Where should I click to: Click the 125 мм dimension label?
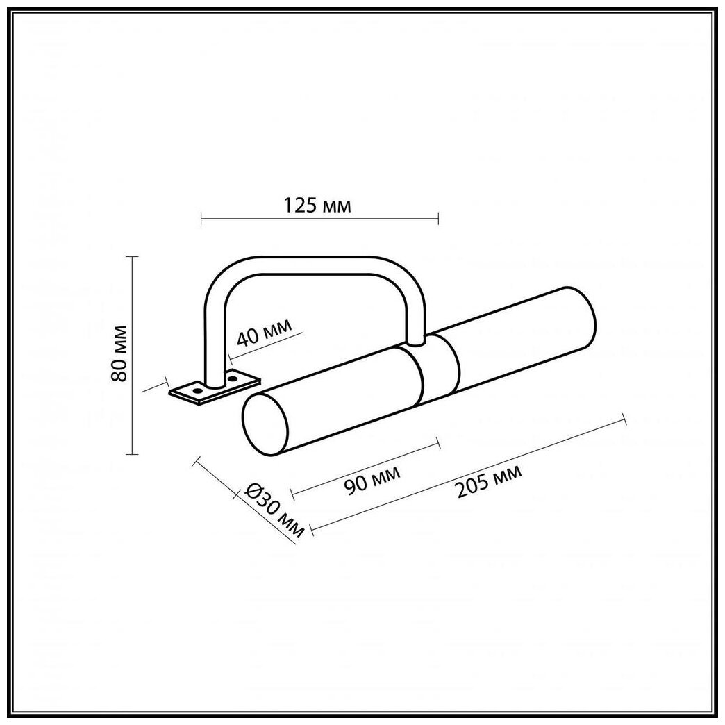click(x=317, y=205)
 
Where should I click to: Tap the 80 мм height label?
click(x=119, y=353)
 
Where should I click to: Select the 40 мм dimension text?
click(x=265, y=331)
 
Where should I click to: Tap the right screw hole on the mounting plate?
click(x=233, y=379)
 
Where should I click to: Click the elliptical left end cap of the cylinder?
click(x=265, y=425)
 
